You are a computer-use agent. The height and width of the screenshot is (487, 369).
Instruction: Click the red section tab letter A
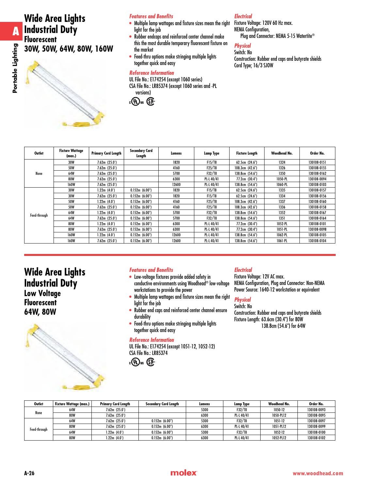click(x=15, y=31)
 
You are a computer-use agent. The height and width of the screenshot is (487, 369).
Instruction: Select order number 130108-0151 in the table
click(x=317, y=162)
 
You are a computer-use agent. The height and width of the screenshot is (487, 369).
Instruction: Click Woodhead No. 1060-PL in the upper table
click(x=281, y=184)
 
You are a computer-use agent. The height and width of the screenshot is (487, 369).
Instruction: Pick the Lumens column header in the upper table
click(x=176, y=153)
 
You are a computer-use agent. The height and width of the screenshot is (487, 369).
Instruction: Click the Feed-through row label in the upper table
click(x=39, y=215)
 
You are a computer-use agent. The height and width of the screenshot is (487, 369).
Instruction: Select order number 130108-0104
click(x=317, y=241)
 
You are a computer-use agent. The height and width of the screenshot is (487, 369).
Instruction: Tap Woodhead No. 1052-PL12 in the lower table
click(x=279, y=438)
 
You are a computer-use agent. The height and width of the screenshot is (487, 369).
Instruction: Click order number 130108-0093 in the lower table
click(x=316, y=410)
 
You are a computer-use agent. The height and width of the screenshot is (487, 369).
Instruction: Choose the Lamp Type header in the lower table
click(x=242, y=404)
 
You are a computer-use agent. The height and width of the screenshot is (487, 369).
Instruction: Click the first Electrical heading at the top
click(x=243, y=16)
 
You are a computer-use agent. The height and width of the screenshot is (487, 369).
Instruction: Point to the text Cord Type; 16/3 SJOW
click(x=254, y=65)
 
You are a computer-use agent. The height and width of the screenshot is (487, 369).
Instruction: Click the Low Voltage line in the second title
click(x=42, y=293)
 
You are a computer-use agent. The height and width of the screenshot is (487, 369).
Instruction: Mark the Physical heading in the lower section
click(x=242, y=300)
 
